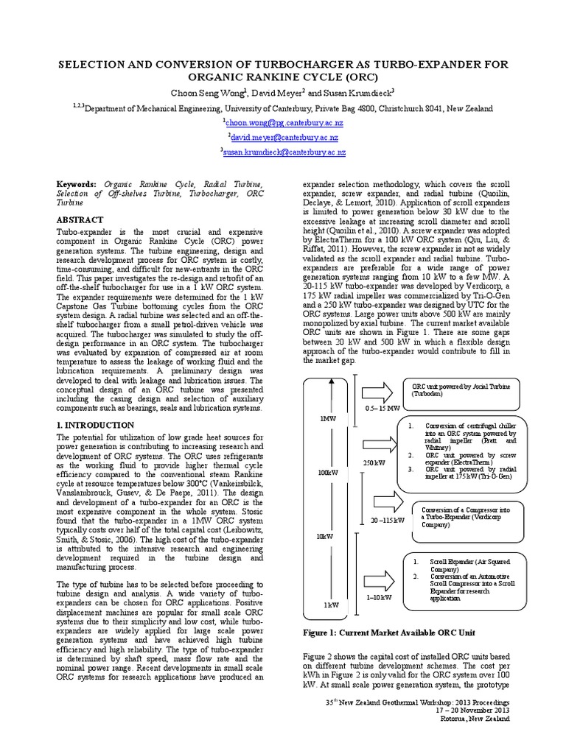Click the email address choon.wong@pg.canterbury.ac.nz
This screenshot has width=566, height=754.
[284, 122]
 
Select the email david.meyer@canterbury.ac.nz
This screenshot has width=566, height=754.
[284, 137]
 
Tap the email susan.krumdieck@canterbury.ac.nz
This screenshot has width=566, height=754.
[284, 152]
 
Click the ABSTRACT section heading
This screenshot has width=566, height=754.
[80, 219]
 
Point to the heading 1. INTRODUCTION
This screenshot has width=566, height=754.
[96, 425]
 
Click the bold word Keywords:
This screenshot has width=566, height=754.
[77, 183]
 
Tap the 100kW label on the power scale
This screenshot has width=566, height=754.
[327, 472]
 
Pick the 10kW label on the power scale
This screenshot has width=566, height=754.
[326, 536]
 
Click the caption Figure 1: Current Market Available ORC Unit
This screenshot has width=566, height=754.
[390, 633]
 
